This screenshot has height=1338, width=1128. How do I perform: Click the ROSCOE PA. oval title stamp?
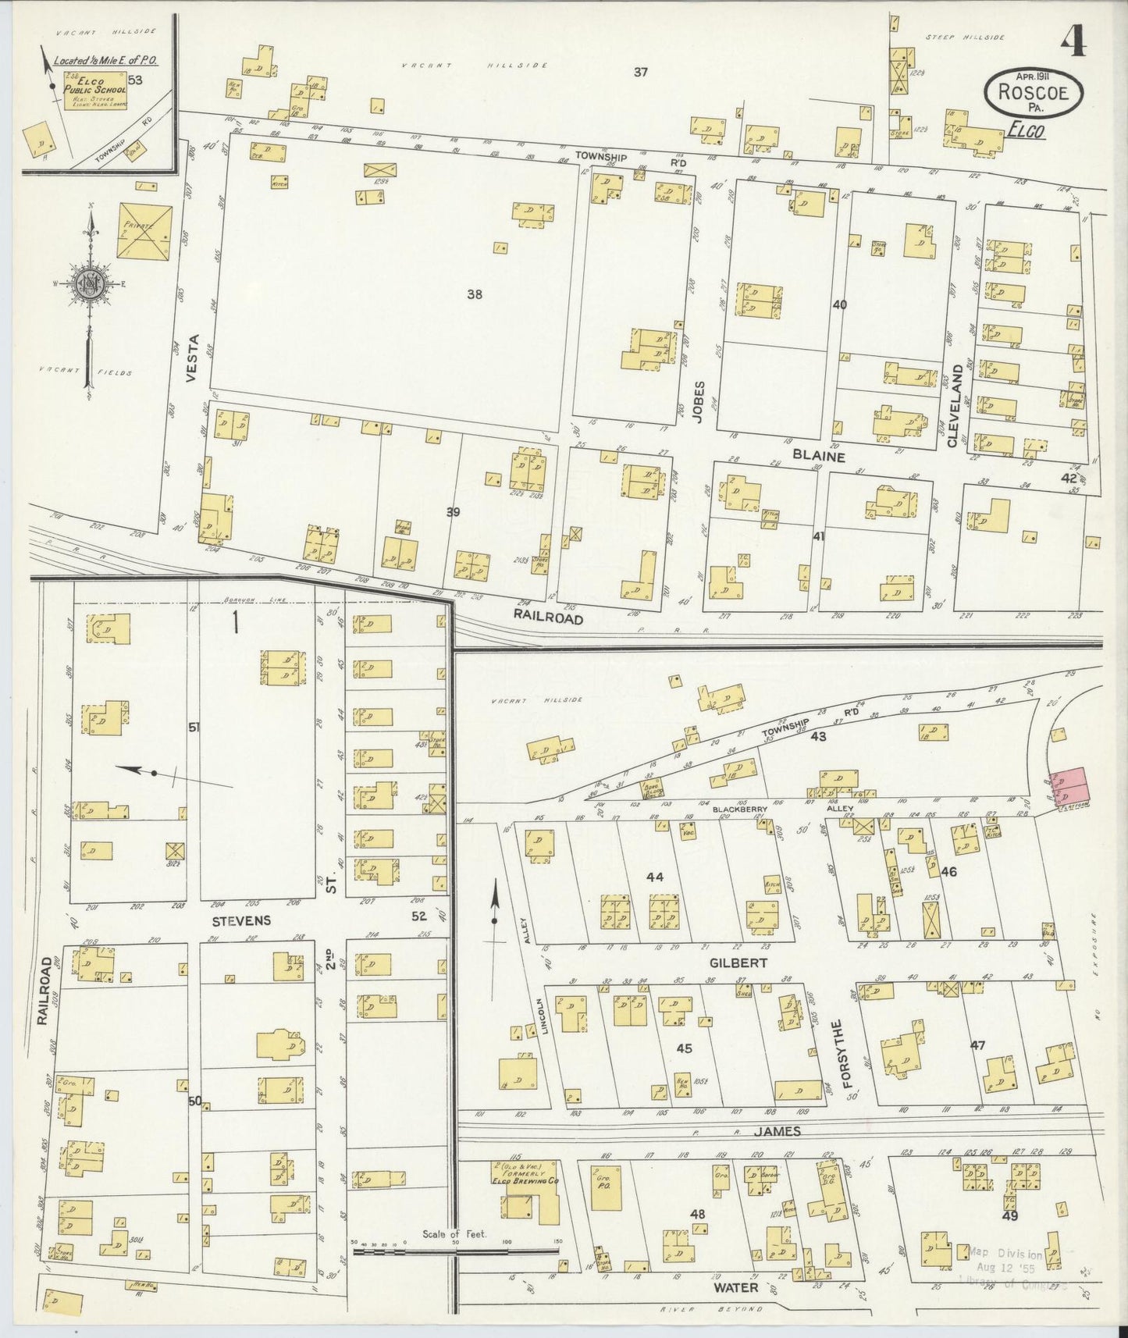[1034, 91]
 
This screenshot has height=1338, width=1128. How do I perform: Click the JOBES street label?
[699, 401]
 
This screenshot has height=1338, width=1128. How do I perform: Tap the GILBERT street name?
[738, 963]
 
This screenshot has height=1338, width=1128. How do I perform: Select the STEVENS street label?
[241, 920]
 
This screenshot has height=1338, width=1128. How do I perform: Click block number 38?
[474, 294]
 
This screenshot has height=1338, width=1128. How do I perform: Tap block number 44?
[654, 877]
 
